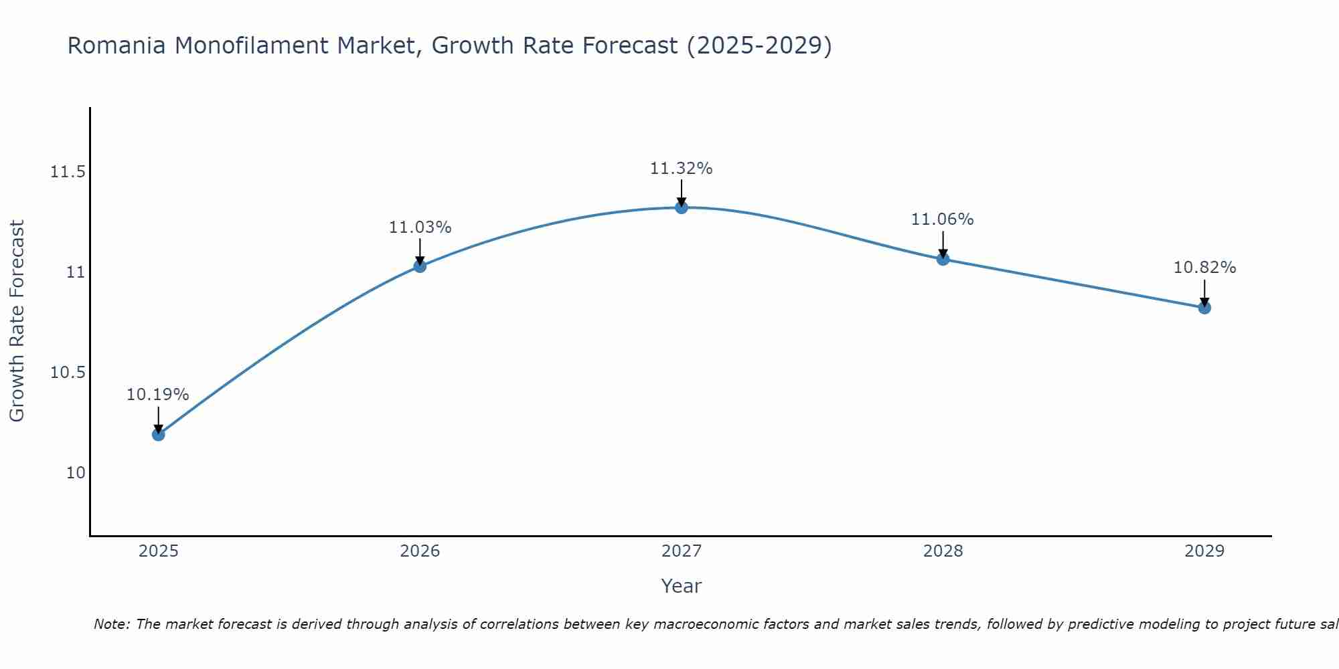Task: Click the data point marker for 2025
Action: tap(158, 434)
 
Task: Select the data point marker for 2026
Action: tap(420, 266)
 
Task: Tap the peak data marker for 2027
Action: tap(682, 207)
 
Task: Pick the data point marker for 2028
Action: tap(943, 259)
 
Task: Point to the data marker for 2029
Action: tap(1204, 308)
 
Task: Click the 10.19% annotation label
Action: tap(158, 395)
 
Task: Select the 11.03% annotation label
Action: tap(420, 227)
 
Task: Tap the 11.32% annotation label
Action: tap(682, 169)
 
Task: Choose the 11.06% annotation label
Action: tap(943, 219)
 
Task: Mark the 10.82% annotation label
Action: tap(1204, 268)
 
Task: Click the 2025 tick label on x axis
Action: tap(158, 551)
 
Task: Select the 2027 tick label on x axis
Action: tap(682, 551)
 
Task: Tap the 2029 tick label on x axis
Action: tap(1204, 551)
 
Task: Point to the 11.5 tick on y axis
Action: tap(68, 173)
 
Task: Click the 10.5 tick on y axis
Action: tap(68, 373)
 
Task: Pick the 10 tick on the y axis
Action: tap(76, 473)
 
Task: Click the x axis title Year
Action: tap(682, 586)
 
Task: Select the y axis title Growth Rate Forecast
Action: tap(17, 321)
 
